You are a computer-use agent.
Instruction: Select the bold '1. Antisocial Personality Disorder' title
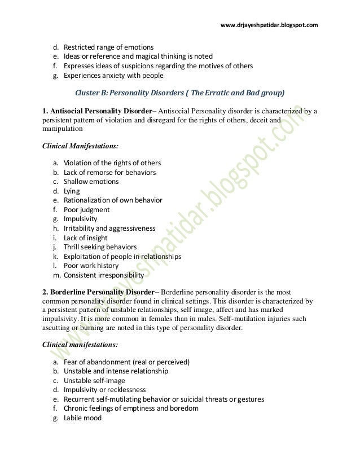(x=98, y=111)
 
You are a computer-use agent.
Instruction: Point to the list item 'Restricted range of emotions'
(x=108, y=46)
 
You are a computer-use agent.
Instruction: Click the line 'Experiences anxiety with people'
(x=113, y=75)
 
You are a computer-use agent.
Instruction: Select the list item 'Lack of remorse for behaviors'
(x=109, y=172)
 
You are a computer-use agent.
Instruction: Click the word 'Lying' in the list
(x=72, y=191)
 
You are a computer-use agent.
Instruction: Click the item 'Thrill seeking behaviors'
(x=100, y=247)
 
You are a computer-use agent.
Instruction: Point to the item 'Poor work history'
(x=91, y=266)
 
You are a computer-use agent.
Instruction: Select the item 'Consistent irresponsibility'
(x=103, y=275)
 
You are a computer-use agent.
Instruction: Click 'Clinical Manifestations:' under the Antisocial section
(x=81, y=145)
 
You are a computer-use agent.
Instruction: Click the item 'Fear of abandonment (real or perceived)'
(x=126, y=361)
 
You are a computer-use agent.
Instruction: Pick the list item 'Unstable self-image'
(x=94, y=380)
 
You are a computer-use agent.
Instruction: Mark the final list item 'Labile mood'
(x=82, y=418)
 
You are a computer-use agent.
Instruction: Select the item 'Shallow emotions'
(x=91, y=182)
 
